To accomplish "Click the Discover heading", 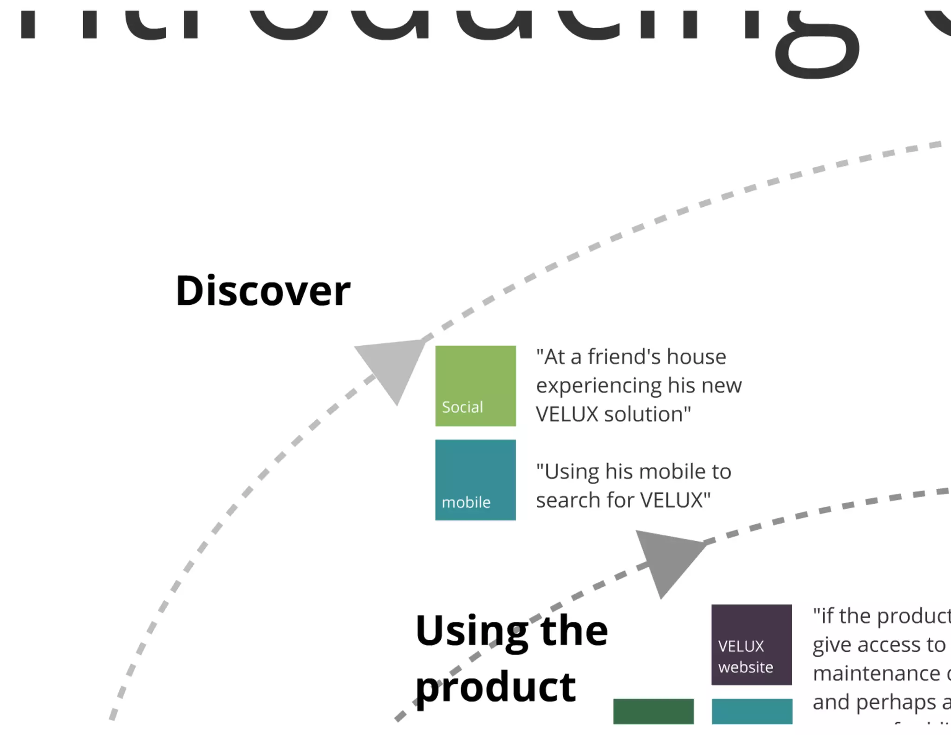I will coord(263,291).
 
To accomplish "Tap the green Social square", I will coord(475,386).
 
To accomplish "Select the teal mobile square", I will coord(475,479).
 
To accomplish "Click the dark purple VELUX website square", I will coord(751,644).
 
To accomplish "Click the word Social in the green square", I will coord(462,407).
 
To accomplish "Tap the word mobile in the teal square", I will coord(466,502).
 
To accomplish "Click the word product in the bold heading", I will coord(495,688).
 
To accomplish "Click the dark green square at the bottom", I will coord(653,711).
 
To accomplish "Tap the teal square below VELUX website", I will coord(752,711).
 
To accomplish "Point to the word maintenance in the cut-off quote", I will coord(876,673).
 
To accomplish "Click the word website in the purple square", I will coord(745,667).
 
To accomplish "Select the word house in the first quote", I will coord(697,357).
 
